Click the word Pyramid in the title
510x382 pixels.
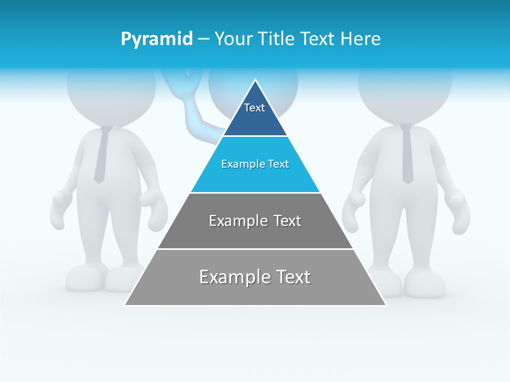156,39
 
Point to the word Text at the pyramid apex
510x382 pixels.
254,108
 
